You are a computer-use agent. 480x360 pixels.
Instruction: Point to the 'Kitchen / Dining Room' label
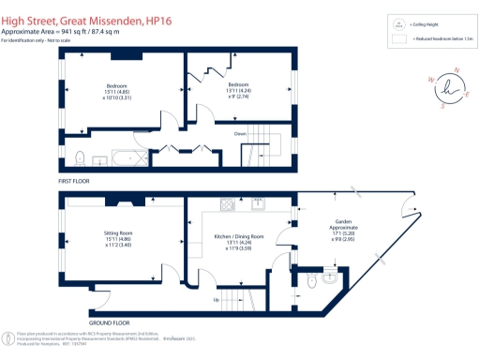coord(240,236)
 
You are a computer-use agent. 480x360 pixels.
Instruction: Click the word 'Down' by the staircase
coord(240,133)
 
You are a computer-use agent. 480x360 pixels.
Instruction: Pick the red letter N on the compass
coord(456,70)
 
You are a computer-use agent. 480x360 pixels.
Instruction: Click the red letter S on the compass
coord(442,106)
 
